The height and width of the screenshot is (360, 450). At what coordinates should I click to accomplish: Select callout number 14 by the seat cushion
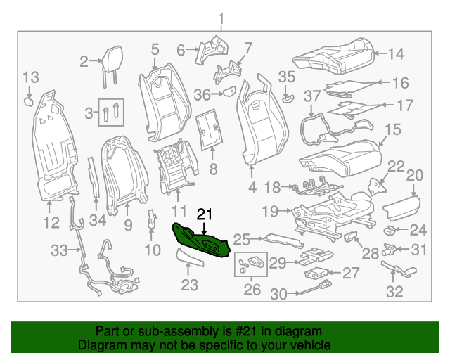click(397, 53)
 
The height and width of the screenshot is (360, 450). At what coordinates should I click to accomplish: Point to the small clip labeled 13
click(30, 101)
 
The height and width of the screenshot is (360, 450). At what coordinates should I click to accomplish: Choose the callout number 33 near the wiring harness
click(60, 250)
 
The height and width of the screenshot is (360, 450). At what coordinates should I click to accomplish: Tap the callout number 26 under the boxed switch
click(251, 289)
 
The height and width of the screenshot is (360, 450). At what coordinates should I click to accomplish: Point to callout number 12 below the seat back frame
click(51, 223)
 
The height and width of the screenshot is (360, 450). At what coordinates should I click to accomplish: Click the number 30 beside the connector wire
click(279, 295)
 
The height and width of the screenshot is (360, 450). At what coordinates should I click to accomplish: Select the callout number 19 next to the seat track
click(271, 210)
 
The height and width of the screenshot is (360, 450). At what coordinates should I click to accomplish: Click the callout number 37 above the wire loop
click(311, 95)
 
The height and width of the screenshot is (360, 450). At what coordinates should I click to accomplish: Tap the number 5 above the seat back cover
click(155, 49)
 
